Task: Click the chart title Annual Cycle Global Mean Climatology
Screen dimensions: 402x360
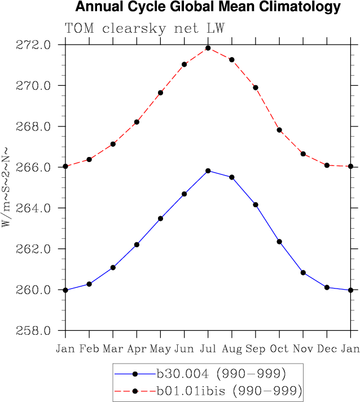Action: tap(208, 7)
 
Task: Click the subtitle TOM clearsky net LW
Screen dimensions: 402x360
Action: tap(144, 29)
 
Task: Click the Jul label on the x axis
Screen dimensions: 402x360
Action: tap(208, 349)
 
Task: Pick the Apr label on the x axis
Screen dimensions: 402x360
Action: tap(137, 349)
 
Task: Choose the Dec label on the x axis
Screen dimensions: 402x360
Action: tap(327, 349)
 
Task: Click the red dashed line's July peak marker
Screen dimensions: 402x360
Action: tap(208, 48)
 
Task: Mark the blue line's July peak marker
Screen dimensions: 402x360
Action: tap(208, 171)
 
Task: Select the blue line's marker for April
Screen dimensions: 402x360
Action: tap(137, 244)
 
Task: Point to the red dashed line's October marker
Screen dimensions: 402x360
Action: tap(279, 130)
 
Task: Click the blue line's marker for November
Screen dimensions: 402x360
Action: tap(303, 273)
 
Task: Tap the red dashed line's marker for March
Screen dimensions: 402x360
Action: tap(113, 144)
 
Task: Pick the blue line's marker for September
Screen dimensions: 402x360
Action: tap(256, 204)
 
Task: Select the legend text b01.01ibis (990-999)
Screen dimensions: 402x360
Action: tap(229, 390)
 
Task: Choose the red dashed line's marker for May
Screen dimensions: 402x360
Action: tap(160, 93)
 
